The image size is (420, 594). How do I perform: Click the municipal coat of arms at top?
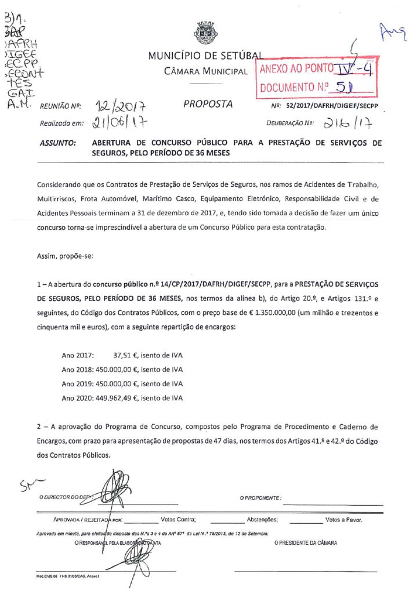point(204,32)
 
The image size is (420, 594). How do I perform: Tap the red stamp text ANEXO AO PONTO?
point(296,70)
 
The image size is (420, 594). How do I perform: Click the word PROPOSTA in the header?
point(208,104)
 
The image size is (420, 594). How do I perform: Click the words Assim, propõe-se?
point(60,255)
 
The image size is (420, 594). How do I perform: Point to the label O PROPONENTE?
point(260,498)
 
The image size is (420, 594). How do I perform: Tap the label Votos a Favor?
point(345,520)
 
